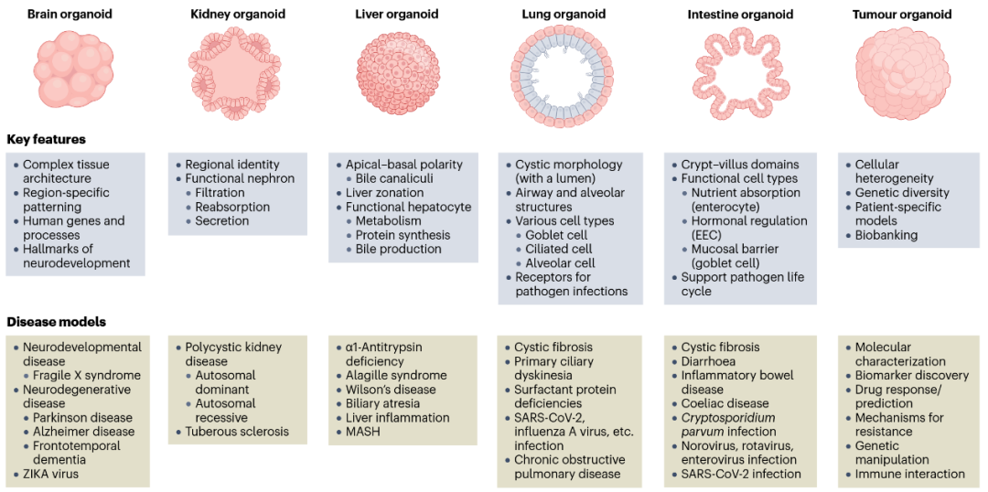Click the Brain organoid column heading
(69, 15)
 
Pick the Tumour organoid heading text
(901, 15)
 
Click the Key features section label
(47, 140)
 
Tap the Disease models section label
(56, 322)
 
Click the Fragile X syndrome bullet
(87, 376)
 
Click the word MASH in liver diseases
(363, 432)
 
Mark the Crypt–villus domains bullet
(740, 165)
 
